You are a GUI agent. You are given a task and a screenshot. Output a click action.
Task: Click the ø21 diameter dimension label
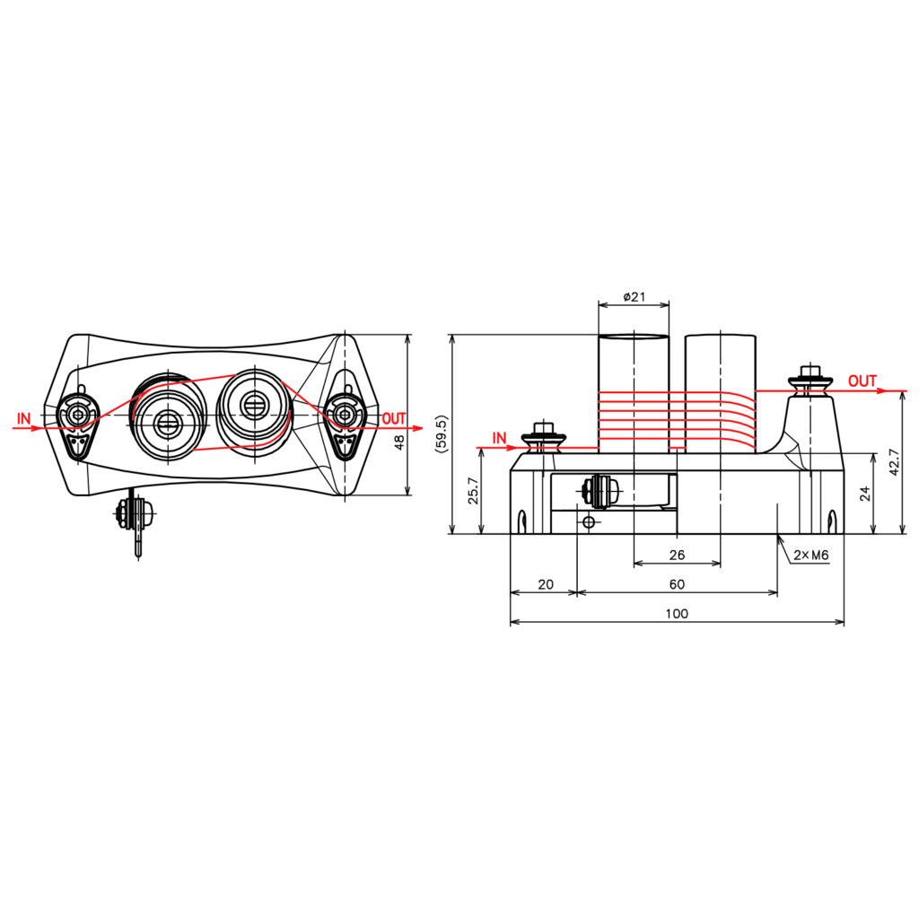click(634, 297)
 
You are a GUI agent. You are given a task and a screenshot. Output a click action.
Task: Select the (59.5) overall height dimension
click(442, 434)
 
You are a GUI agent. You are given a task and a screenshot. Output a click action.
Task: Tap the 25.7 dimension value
click(474, 491)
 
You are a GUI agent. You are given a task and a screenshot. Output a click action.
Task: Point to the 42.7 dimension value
click(894, 462)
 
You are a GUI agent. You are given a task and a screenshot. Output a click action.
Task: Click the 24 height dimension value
click(865, 494)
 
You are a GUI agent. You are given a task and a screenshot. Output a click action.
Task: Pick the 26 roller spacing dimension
click(677, 555)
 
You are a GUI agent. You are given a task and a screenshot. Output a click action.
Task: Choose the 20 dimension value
click(545, 584)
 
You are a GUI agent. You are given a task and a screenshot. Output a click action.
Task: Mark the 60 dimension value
click(677, 584)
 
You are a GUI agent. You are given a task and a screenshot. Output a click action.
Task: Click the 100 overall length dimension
click(677, 614)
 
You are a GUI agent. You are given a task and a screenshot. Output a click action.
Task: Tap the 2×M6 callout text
click(811, 555)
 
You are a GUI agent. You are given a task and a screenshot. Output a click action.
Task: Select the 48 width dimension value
click(399, 442)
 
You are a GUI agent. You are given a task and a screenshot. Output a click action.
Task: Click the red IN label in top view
click(23, 418)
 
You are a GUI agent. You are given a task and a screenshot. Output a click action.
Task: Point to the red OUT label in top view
click(394, 418)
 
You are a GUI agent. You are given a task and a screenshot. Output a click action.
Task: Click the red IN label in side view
click(499, 438)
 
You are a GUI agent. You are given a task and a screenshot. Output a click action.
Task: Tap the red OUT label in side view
click(862, 381)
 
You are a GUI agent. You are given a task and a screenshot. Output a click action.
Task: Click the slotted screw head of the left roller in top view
click(169, 422)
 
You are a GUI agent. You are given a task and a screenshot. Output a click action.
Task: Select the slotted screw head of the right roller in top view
click(254, 406)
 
